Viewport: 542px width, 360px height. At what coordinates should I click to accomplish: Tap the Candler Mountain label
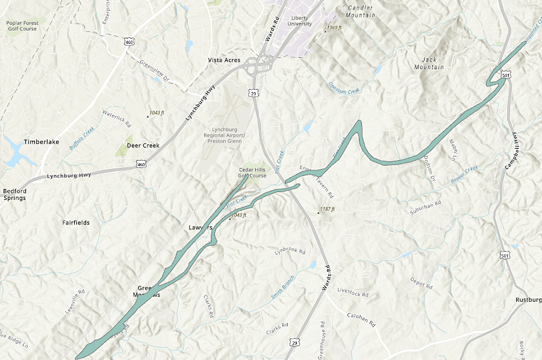click(361, 11)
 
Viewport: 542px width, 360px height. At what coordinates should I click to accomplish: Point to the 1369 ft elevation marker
click(334, 28)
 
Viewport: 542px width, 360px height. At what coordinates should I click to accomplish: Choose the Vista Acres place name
click(224, 60)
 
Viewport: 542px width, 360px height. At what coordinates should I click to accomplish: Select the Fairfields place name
click(76, 222)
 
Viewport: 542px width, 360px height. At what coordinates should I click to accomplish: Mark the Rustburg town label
click(528, 300)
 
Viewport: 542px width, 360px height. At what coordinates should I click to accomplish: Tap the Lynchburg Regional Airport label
click(225, 135)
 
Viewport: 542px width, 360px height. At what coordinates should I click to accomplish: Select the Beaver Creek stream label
click(464, 175)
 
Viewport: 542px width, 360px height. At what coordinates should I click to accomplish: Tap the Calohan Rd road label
click(361, 319)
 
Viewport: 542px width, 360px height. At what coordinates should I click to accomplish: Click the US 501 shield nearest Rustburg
click(505, 255)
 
